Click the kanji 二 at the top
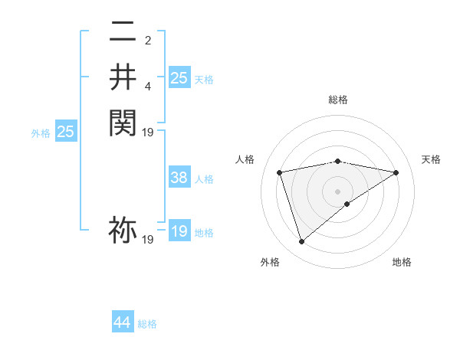(123, 32)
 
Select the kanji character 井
(123, 77)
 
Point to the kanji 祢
(123, 230)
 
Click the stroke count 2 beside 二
(148, 41)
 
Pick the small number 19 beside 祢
(148, 240)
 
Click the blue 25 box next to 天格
(179, 77)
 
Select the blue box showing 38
(179, 178)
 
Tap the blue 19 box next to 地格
(179, 231)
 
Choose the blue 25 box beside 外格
(65, 132)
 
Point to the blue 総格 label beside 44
(147, 324)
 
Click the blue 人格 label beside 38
(204, 179)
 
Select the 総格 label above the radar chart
(338, 100)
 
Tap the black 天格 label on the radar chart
(432, 159)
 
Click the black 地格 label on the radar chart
(402, 262)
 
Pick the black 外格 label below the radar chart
(270, 262)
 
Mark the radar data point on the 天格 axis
(396, 172)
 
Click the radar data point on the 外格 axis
(301, 242)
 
